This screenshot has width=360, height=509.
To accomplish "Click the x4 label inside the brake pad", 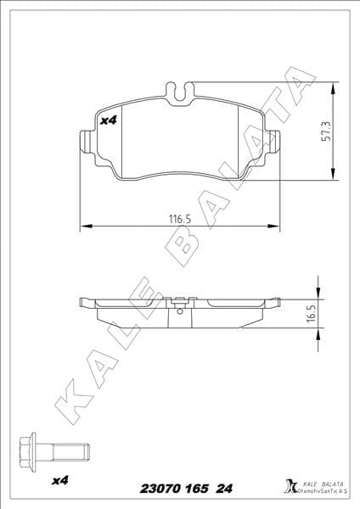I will [108, 121].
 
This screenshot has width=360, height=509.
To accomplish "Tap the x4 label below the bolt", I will [59, 482].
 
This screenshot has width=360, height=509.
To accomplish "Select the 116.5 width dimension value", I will [179, 219].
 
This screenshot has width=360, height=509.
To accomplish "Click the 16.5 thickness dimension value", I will [311, 314].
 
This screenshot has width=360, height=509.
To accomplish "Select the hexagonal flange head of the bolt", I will [29, 449].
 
